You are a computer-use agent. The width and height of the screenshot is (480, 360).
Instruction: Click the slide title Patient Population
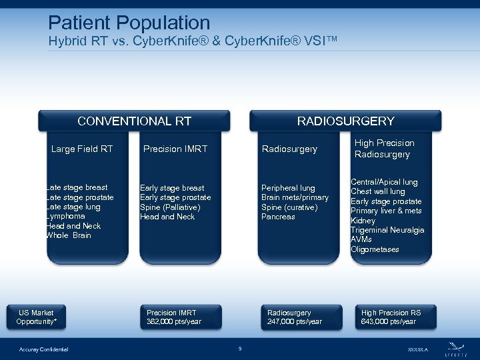click(129, 24)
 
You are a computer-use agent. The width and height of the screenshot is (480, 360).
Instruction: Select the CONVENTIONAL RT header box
click(134, 121)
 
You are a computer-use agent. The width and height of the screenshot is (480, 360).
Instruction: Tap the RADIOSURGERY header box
click(345, 121)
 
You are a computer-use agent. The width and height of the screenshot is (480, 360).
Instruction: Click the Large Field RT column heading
click(82, 149)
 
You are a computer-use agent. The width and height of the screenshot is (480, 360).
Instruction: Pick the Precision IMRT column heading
click(175, 149)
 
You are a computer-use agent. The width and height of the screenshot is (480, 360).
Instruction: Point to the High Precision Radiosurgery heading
click(384, 149)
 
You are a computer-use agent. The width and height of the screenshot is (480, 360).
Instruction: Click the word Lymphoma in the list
click(65, 217)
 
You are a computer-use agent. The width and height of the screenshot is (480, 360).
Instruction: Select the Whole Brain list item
click(69, 235)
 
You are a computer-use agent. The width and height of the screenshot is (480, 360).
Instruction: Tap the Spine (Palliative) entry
click(170, 207)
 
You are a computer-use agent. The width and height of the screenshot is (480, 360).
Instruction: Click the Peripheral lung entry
click(288, 188)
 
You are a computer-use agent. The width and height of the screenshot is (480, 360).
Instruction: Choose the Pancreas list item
click(278, 217)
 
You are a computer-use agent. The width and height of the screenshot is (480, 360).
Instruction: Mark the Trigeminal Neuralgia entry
click(387, 230)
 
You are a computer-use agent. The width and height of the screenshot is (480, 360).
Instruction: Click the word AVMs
click(361, 239)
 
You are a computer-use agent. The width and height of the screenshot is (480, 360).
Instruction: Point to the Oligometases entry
click(375, 249)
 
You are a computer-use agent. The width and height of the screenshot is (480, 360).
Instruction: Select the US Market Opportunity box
click(37, 317)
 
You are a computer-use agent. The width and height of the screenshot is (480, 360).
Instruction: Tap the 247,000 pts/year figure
click(294, 322)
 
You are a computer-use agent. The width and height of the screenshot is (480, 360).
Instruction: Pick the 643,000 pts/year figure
click(388, 322)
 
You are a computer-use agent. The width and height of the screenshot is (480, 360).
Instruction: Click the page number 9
click(240, 348)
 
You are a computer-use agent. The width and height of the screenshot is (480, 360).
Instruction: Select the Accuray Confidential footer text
click(43, 349)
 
